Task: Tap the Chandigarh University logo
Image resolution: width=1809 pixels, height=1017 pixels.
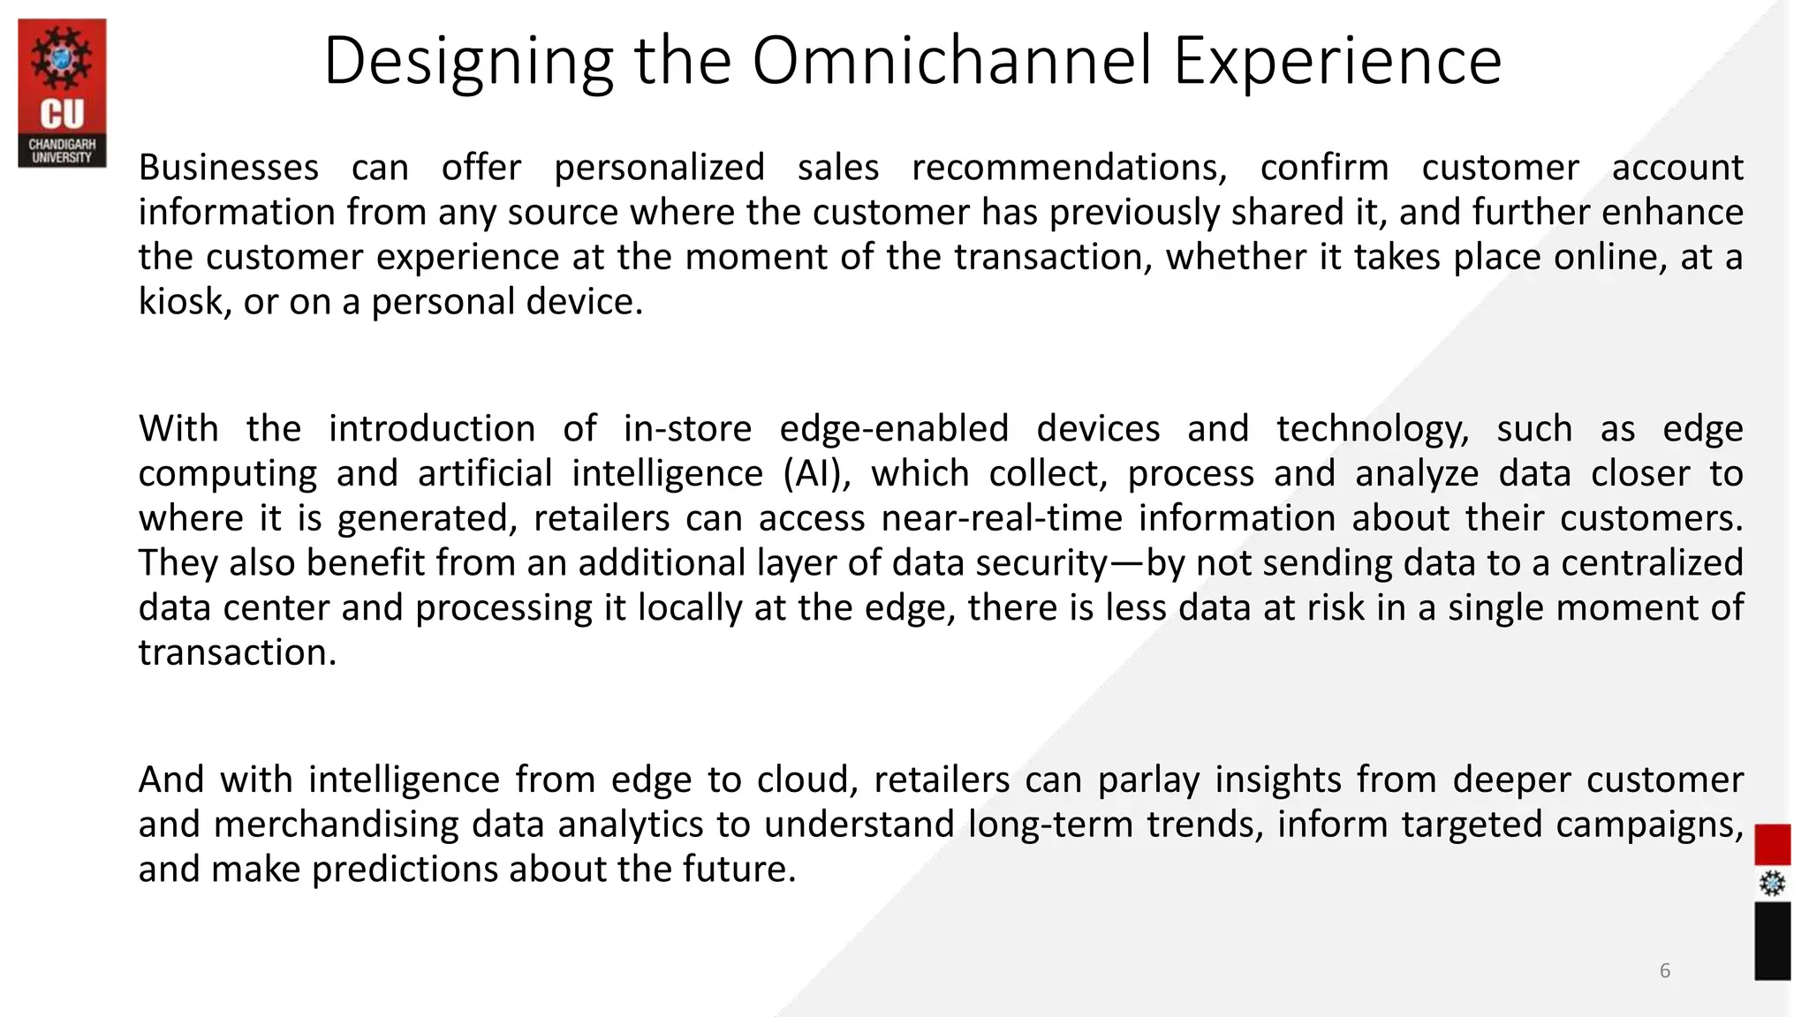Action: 62,93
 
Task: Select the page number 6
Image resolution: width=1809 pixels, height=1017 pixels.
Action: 1665,971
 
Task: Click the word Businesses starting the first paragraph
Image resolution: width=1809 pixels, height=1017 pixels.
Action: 229,168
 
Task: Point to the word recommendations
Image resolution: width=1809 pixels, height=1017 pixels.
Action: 1069,168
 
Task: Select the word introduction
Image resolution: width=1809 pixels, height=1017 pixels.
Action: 432,429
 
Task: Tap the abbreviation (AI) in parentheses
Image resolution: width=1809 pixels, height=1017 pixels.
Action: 817,474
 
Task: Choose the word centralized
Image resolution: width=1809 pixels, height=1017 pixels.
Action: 1652,563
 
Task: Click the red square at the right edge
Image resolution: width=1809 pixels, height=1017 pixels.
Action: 1772,845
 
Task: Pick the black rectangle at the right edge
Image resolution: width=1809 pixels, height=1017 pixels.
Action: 1772,940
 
